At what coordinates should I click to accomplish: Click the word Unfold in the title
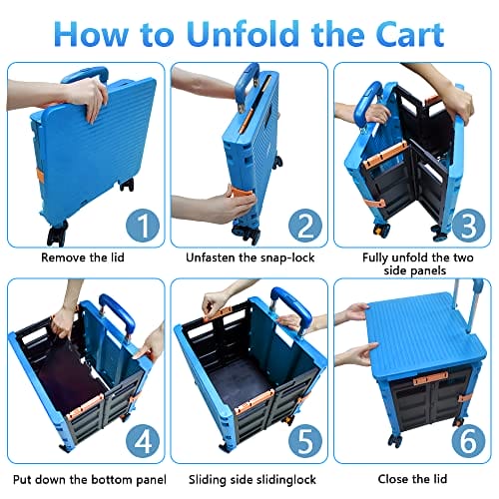pos(243,34)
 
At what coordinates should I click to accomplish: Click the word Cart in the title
pos(410,34)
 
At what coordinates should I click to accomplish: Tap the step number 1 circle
pos(143,226)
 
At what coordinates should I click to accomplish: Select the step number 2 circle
pos(305,226)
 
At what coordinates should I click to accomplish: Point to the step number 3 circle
pos(468,226)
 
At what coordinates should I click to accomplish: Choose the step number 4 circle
pos(143,441)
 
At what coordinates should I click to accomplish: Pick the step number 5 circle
pos(305,441)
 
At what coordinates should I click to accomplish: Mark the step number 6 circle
pos(468,441)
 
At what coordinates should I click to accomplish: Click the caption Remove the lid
pos(83,257)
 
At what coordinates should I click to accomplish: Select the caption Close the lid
pos(412,479)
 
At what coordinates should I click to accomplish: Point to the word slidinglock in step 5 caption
pos(282,480)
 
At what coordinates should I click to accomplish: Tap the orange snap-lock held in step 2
pos(241,196)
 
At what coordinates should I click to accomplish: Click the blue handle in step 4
pos(118,312)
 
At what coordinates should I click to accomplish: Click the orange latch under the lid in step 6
pos(430,379)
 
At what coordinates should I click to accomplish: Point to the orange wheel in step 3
pos(379,231)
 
